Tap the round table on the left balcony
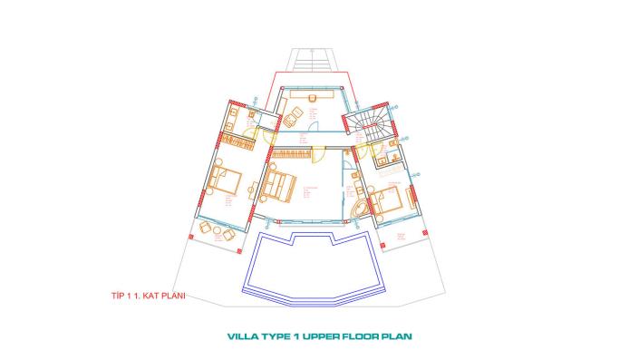[214, 230]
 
